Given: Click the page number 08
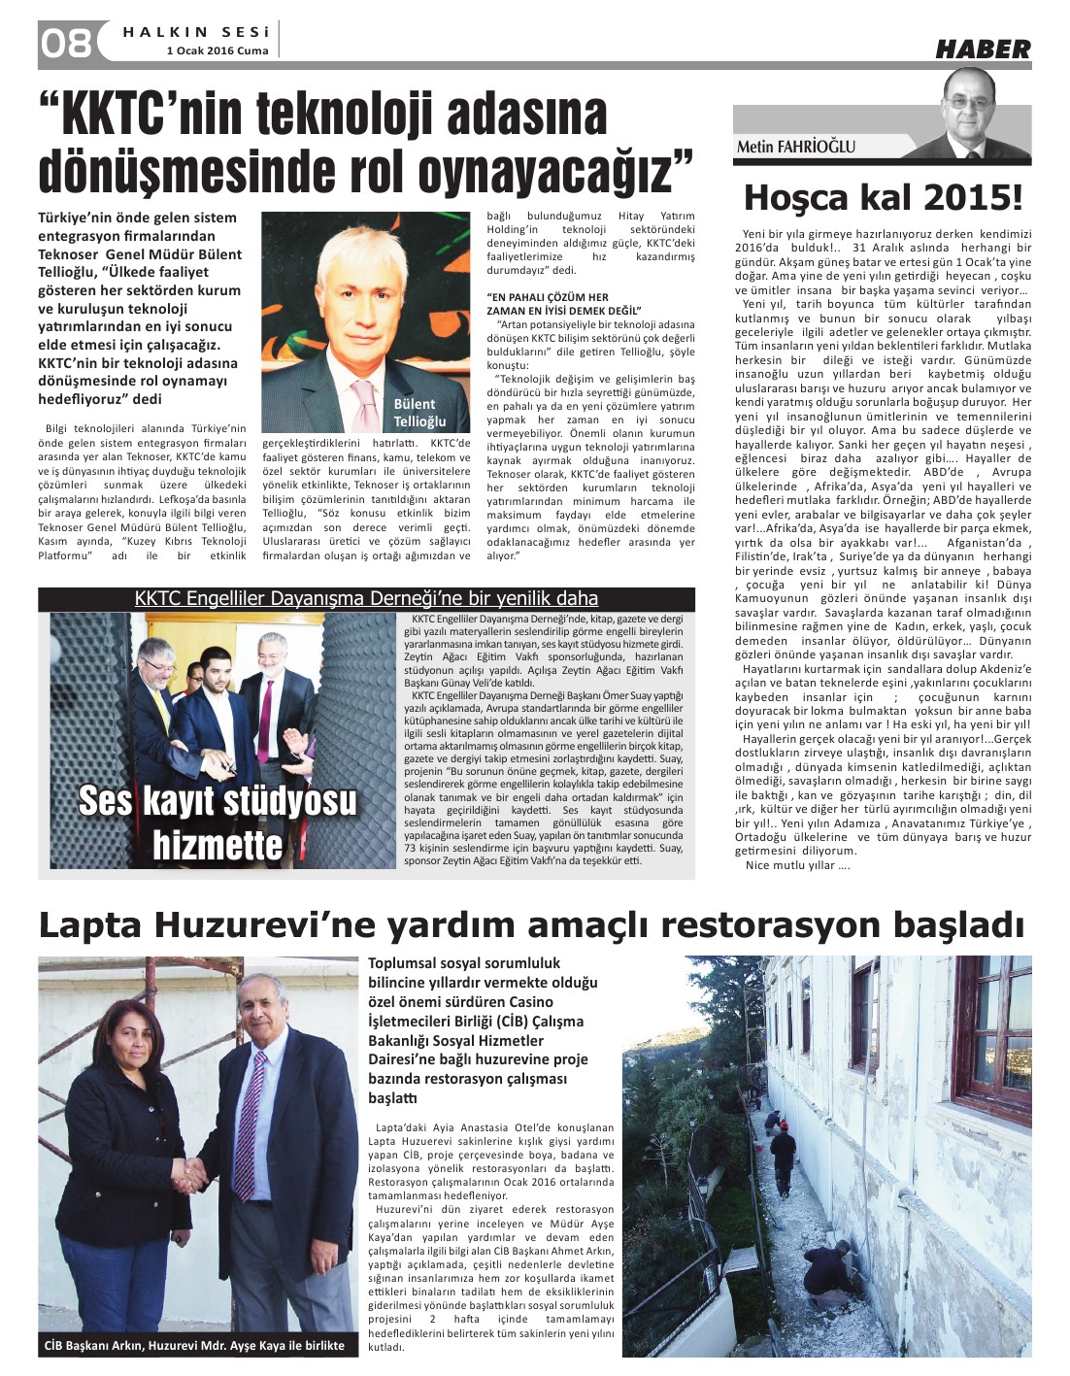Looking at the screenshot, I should pos(66,43).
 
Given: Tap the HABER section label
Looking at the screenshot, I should pos(982,49).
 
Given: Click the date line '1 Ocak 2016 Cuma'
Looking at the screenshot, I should pos(217,50).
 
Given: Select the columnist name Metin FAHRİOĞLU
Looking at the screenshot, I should pos(795,147).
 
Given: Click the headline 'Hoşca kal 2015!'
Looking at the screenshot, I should pos(882,198).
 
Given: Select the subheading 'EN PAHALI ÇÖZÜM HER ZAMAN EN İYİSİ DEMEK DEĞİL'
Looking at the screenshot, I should pos(548,303).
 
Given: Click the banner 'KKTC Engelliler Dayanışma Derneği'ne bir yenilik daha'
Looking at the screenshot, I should pos(366,598).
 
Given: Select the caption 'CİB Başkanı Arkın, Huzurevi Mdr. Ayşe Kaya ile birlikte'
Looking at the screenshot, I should pos(195,1345).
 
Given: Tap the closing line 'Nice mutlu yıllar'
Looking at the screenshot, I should pos(797,865).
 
